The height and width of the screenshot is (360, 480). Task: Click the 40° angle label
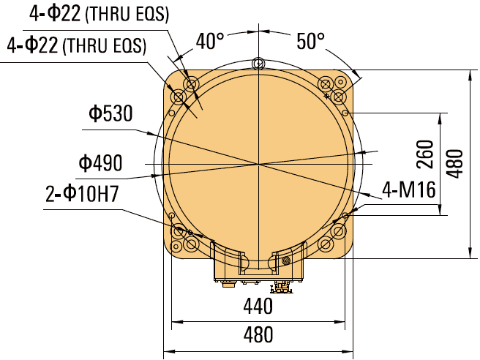click(x=210, y=42)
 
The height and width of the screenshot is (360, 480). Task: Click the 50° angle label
click(x=311, y=42)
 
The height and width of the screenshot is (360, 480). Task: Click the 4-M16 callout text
click(x=408, y=191)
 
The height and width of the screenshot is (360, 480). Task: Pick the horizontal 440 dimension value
click(x=258, y=305)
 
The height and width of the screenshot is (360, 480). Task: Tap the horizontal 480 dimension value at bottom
click(x=258, y=335)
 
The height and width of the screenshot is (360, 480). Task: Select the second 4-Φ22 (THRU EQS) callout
click(x=76, y=45)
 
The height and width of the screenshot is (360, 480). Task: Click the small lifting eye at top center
click(x=258, y=64)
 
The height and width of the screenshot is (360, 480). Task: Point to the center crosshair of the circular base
click(x=258, y=162)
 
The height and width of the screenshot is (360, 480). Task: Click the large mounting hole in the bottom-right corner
click(x=337, y=231)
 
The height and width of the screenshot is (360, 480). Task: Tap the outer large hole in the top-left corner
click(x=178, y=97)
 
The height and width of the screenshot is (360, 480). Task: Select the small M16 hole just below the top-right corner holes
click(x=346, y=113)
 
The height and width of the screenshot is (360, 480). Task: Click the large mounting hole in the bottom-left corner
click(x=178, y=231)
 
